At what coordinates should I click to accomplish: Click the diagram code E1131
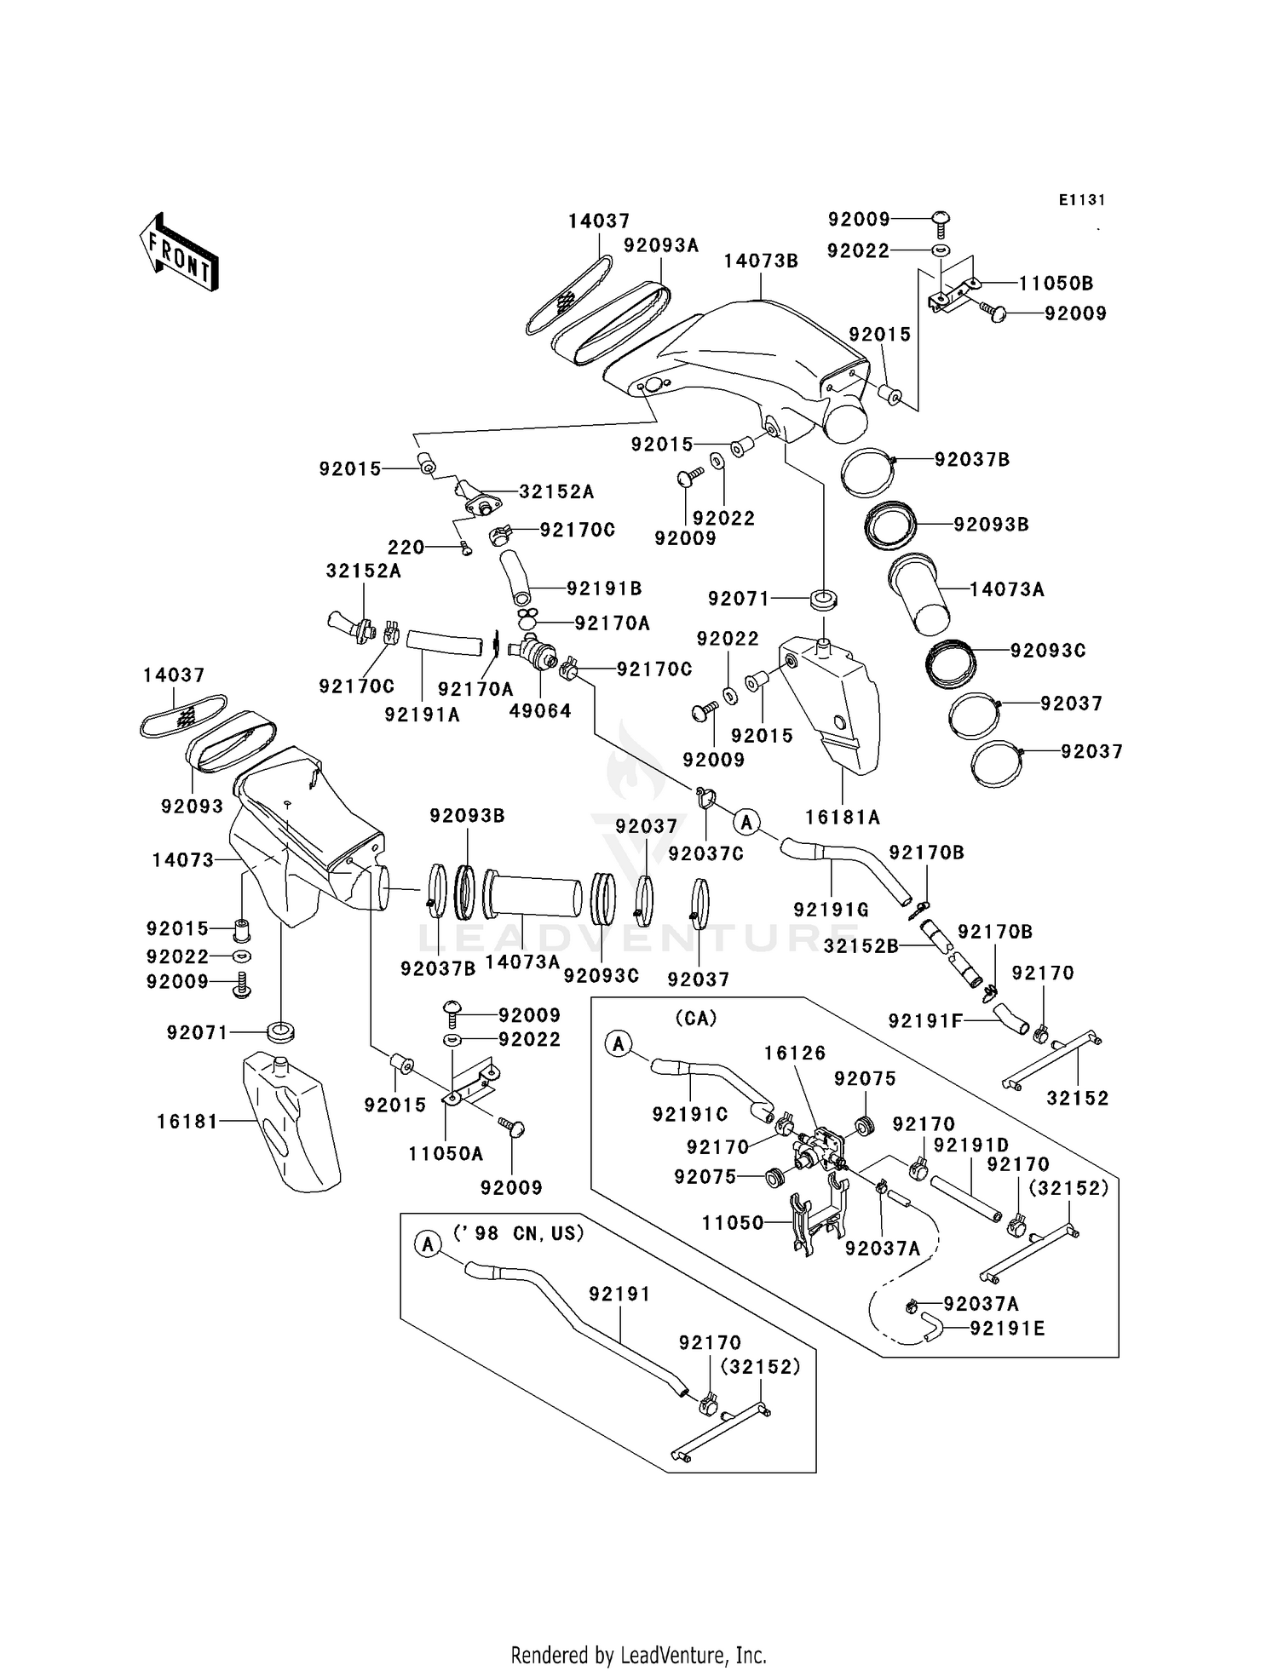pyautogui.click(x=1081, y=200)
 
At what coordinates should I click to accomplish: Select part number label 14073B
pyautogui.click(x=761, y=261)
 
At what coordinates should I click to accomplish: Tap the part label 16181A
pyautogui.click(x=843, y=818)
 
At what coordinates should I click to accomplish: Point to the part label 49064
pyautogui.click(x=539, y=711)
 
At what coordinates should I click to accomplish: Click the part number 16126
pyautogui.click(x=794, y=1054)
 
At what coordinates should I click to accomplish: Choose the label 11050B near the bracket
pyautogui.click(x=1055, y=284)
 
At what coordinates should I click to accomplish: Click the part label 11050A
pyautogui.click(x=446, y=1154)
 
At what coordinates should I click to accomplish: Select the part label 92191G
pyautogui.click(x=832, y=910)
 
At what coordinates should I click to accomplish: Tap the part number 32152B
pyautogui.click(x=861, y=945)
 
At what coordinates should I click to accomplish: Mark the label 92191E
pyautogui.click(x=1007, y=1329)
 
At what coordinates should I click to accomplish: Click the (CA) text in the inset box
pyautogui.click(x=695, y=1019)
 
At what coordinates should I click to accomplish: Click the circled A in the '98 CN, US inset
pyautogui.click(x=429, y=1244)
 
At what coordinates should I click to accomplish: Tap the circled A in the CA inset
pyautogui.click(x=619, y=1043)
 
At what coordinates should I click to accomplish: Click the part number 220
pyautogui.click(x=406, y=548)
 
